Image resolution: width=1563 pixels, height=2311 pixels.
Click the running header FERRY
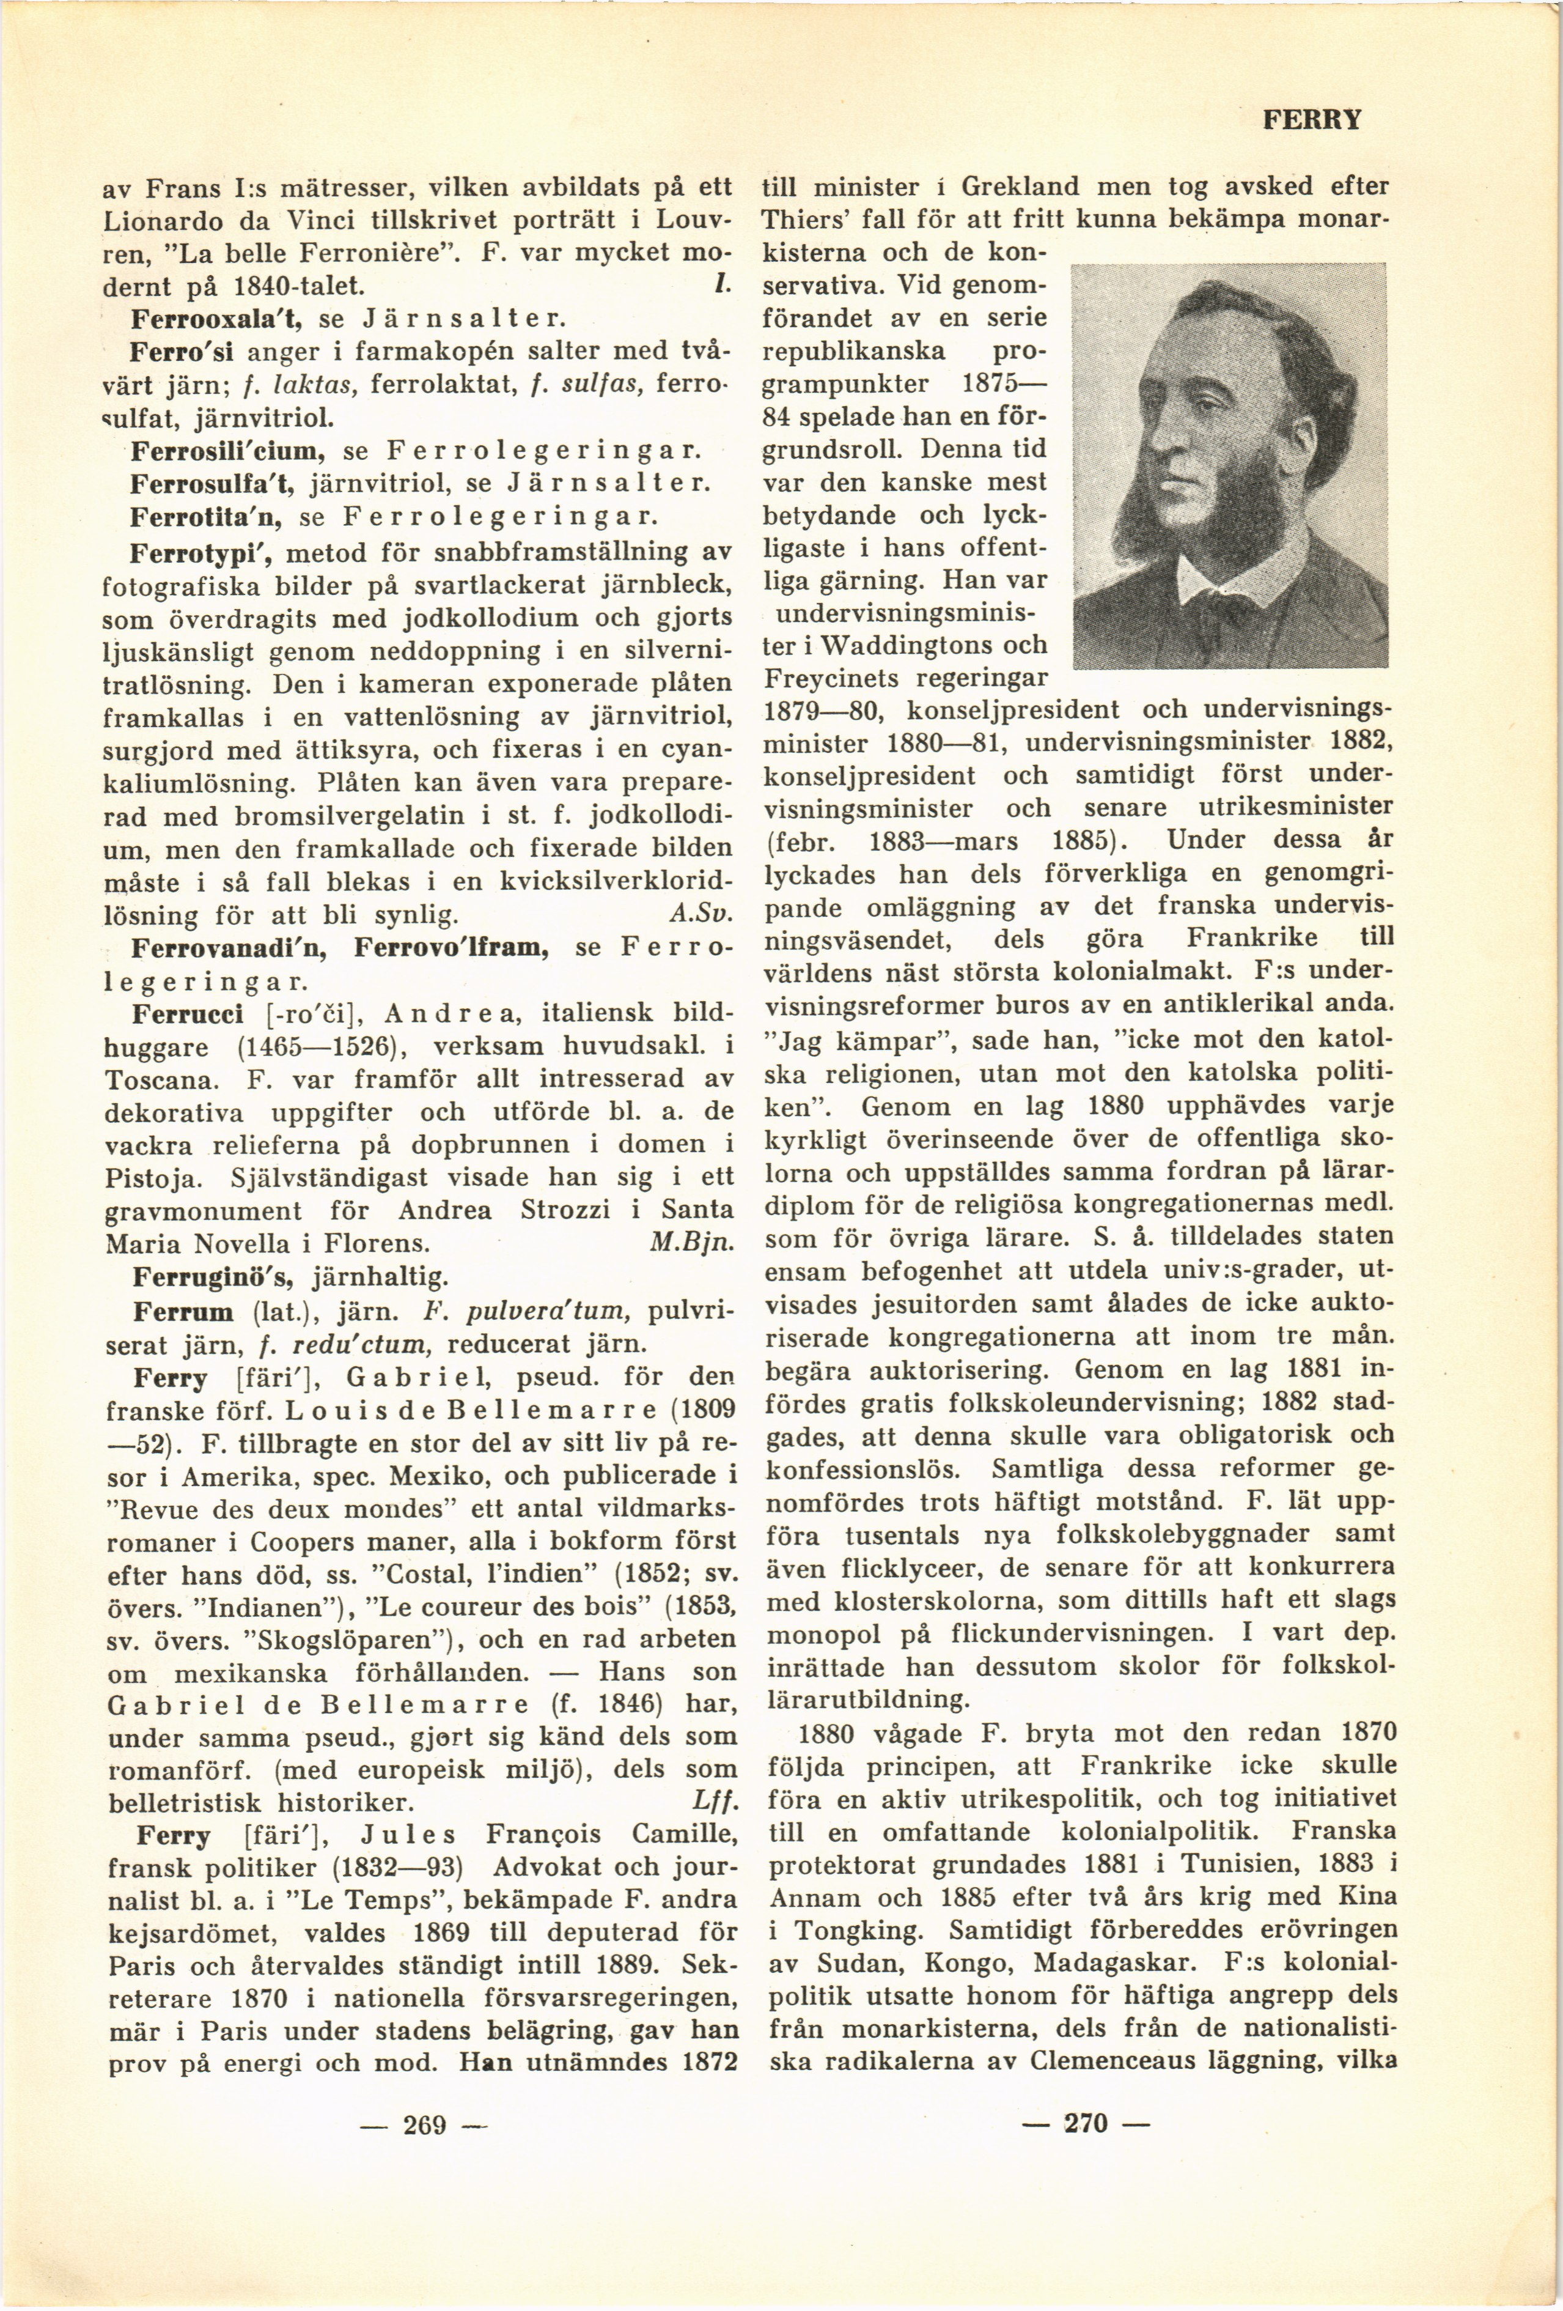coord(1311,120)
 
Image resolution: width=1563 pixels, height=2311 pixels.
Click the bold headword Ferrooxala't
coord(218,320)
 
